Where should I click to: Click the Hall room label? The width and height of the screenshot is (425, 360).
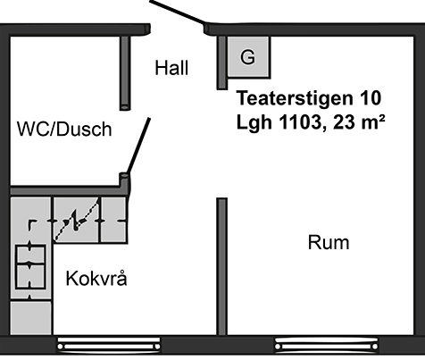coord(171,68)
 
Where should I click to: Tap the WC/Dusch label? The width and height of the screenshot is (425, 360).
coord(64,129)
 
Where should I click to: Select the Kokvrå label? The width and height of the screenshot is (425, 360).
coord(96,278)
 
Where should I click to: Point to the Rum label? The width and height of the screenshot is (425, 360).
coord(329,242)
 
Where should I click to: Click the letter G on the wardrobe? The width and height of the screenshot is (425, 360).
coord(247,56)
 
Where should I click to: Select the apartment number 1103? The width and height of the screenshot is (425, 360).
coord(299,122)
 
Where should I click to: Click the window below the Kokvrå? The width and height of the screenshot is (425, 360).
coord(109,345)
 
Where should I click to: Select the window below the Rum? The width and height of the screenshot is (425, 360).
coord(326,345)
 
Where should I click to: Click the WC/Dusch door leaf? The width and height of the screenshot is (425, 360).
coord(138,146)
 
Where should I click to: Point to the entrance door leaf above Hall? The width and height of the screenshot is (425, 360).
coord(178,12)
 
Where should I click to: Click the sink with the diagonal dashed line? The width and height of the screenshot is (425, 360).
coord(76,220)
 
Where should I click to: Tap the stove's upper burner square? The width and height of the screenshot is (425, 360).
coord(30,255)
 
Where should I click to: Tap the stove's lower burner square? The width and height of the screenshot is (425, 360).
coord(30,277)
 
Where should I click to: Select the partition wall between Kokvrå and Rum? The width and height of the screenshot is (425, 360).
coord(221,266)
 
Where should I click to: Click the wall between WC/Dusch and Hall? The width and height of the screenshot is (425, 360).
coord(125,73)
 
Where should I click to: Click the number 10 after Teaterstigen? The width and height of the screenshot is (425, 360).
coord(371,98)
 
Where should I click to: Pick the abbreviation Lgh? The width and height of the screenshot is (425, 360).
coord(254,122)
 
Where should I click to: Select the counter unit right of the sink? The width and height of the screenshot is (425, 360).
coord(114,220)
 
